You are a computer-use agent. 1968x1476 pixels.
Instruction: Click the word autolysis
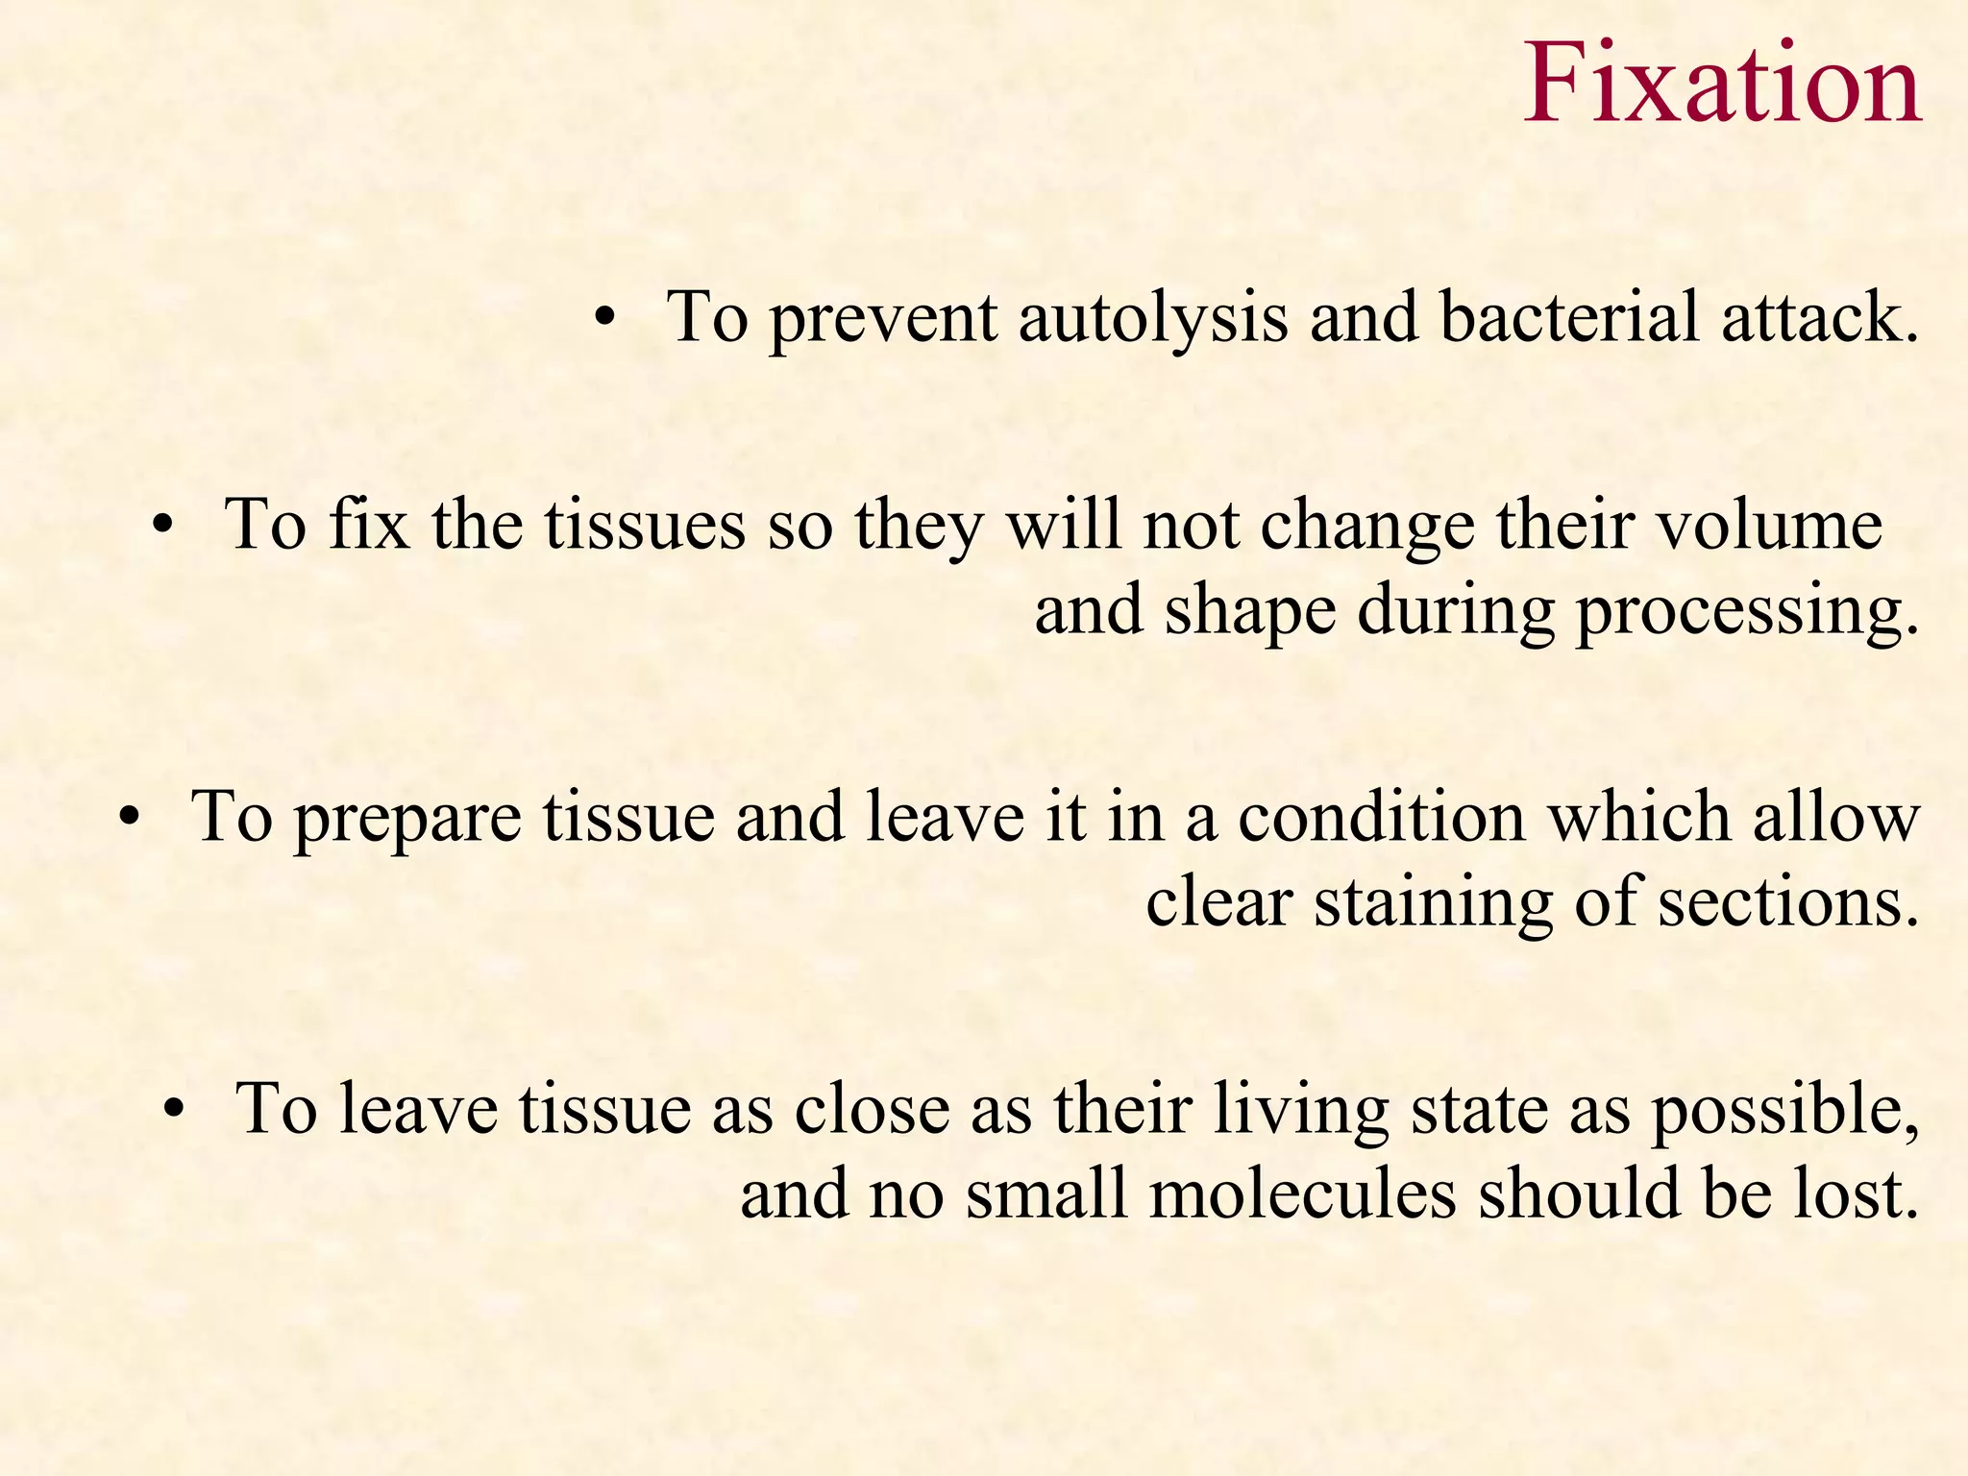click(1153, 318)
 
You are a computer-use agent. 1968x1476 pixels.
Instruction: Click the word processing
click(1747, 612)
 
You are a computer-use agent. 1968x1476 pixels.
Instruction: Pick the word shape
click(1250, 612)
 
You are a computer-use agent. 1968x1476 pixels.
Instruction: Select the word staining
click(1433, 904)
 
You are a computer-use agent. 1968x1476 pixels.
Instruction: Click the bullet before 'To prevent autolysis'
click(603, 318)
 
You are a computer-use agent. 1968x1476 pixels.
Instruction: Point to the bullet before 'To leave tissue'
click(173, 1110)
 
